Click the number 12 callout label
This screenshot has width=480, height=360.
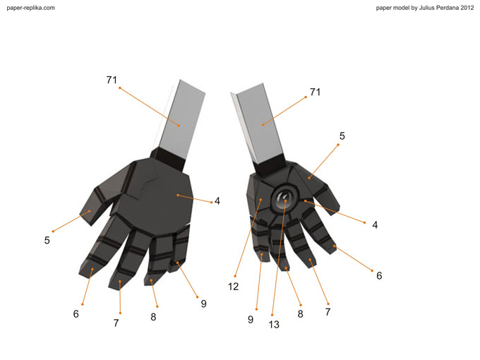tap(233, 287)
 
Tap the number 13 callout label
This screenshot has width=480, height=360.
tap(274, 325)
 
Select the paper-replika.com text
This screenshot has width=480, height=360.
tap(30, 8)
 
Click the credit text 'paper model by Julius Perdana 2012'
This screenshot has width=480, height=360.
tap(425, 8)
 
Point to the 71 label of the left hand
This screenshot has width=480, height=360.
tap(112, 80)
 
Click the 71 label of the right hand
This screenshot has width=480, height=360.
tap(315, 92)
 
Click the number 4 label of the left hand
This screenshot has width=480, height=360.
tap(217, 200)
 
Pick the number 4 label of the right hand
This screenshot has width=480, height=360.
tap(375, 225)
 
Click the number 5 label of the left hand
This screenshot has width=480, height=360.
tap(47, 240)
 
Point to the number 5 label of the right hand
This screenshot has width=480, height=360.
tap(342, 136)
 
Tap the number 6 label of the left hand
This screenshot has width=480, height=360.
tap(76, 314)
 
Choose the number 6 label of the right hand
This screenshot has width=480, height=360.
tap(379, 275)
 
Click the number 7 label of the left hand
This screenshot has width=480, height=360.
tap(116, 323)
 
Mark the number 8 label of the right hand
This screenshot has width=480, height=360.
tap(300, 314)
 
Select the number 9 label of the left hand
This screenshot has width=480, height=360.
tap(203, 304)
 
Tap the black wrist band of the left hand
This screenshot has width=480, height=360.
tap(169, 159)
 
